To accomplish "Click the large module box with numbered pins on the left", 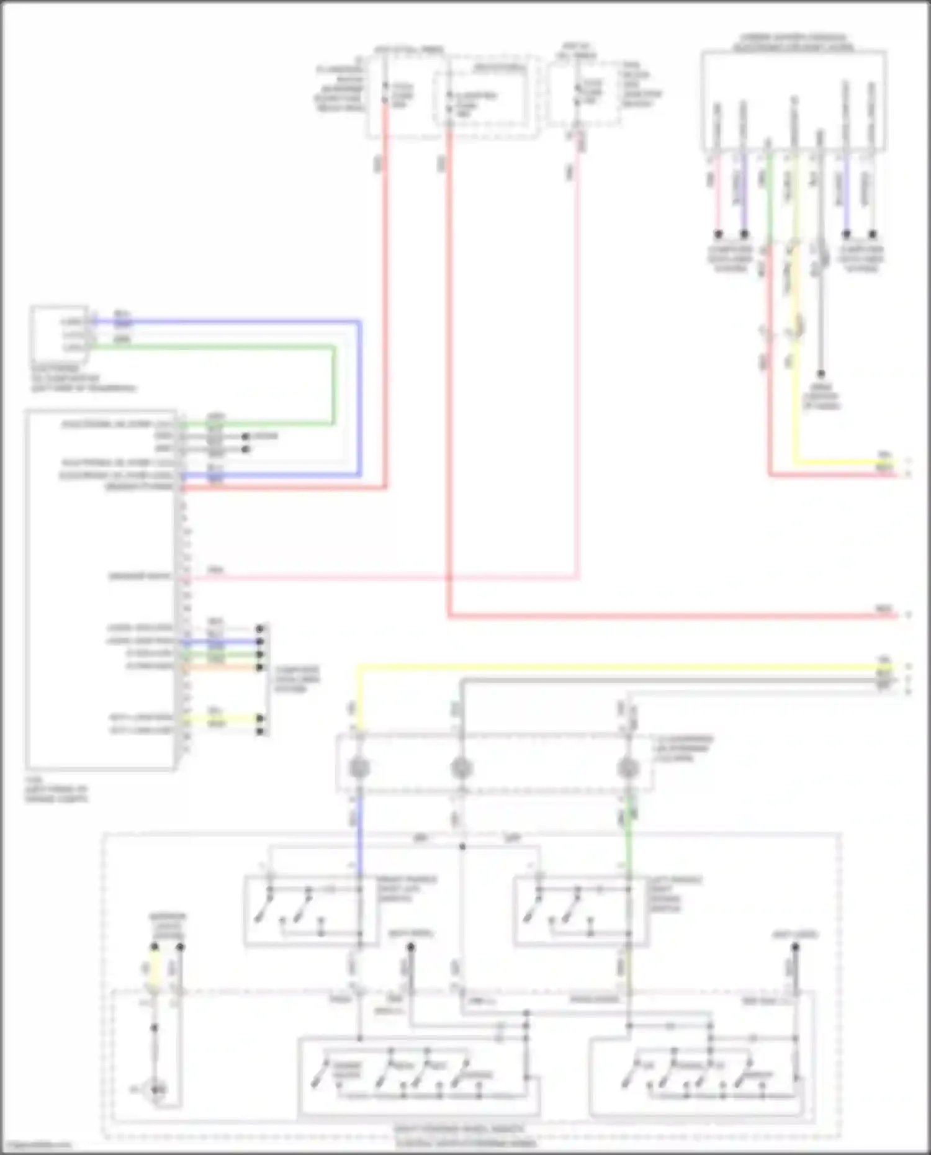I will [99, 590].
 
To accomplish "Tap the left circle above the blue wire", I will [359, 768].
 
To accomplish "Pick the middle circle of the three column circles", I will [461, 768].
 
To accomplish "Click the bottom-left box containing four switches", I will [419, 1077].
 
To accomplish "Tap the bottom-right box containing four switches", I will [701, 1077].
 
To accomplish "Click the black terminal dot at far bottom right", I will [795, 947].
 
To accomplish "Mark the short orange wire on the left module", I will [223, 668].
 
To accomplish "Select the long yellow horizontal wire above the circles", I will [621, 667].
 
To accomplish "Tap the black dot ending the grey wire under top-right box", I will [821, 374].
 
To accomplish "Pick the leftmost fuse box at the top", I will [407, 96].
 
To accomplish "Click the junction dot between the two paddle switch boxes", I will [462, 847].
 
